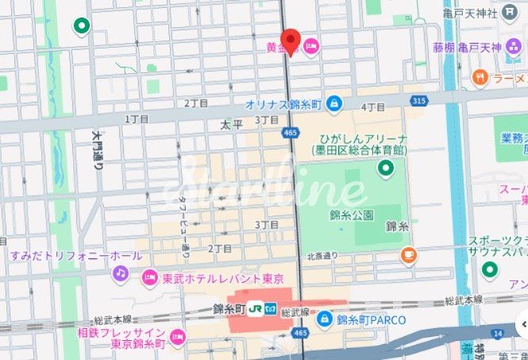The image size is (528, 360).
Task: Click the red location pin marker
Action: pos(291,41)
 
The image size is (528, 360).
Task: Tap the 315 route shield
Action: pos(418,100)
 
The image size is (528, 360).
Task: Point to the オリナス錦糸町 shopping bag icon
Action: pos(334,103)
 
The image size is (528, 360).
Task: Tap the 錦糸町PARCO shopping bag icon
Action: pos(324,319)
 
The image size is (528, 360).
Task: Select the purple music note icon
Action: pos(120,273)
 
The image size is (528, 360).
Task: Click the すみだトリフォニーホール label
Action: pos(75,256)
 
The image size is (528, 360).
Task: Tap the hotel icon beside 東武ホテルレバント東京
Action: pos(148,277)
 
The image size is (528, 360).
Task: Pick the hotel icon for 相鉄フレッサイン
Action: pos(177,336)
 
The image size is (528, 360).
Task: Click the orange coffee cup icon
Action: pos(409,255)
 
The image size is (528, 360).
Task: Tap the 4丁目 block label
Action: pos(372,106)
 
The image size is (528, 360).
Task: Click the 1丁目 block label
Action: pos(137,118)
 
